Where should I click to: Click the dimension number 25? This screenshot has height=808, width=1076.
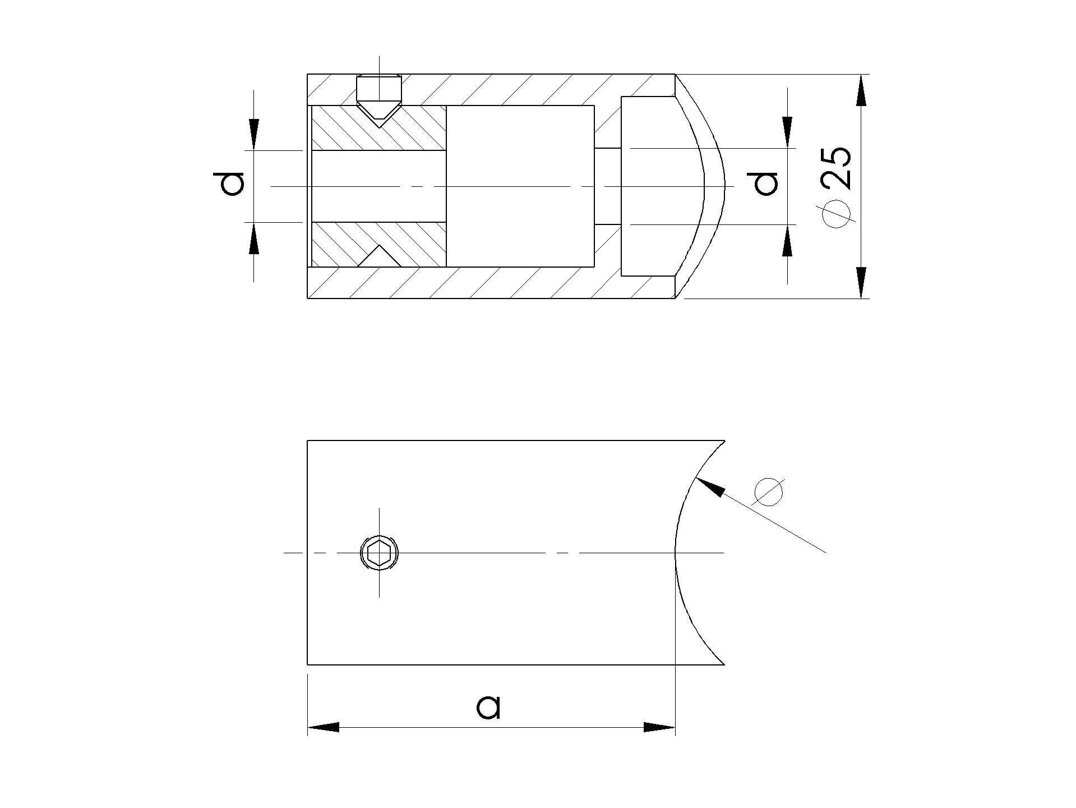pos(836,168)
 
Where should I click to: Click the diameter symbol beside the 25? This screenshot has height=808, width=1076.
pos(836,214)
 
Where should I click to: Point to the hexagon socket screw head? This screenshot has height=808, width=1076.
pos(379,553)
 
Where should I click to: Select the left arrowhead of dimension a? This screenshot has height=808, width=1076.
pos(324,727)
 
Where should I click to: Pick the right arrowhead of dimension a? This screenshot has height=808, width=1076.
pos(659,727)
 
